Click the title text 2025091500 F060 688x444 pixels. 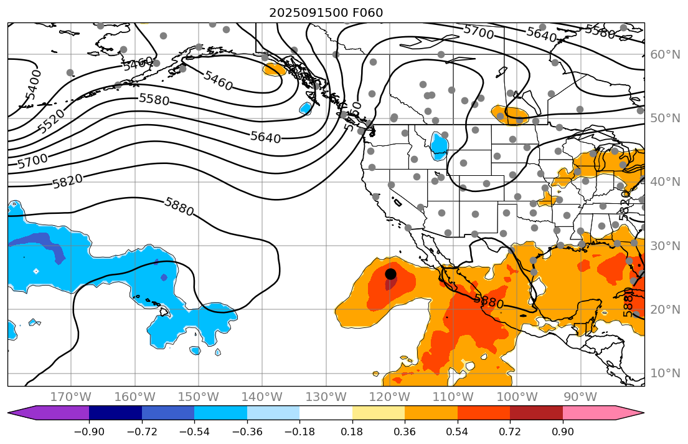tap(326, 12)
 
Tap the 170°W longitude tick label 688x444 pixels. tap(72, 397)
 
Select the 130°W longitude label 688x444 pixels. tap(326, 397)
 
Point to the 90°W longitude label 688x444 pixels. tap(580, 397)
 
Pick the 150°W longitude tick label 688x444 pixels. tap(199, 397)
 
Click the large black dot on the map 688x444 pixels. tap(390, 274)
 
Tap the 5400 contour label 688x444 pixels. tap(34, 85)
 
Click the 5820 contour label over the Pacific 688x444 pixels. tap(67, 181)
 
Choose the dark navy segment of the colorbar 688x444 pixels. tap(115, 413)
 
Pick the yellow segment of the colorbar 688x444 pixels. tap(379, 413)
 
